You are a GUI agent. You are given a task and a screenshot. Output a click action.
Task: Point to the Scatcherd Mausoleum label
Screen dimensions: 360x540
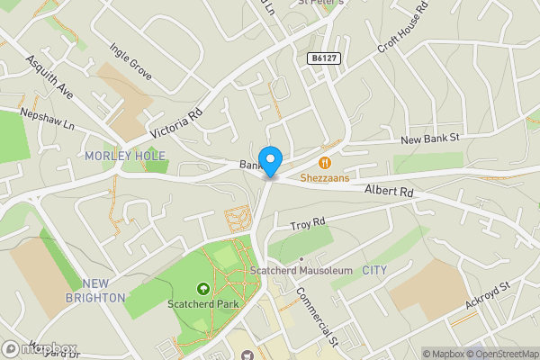tap(301, 270)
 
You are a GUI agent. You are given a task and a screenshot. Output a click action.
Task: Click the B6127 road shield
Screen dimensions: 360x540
tap(324, 58)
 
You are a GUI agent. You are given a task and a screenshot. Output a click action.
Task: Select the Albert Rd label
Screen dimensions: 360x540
tap(389, 191)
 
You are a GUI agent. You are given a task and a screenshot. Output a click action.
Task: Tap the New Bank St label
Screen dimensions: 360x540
tap(430, 139)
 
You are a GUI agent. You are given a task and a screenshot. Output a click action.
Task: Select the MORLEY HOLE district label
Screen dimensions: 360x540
tap(125, 156)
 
